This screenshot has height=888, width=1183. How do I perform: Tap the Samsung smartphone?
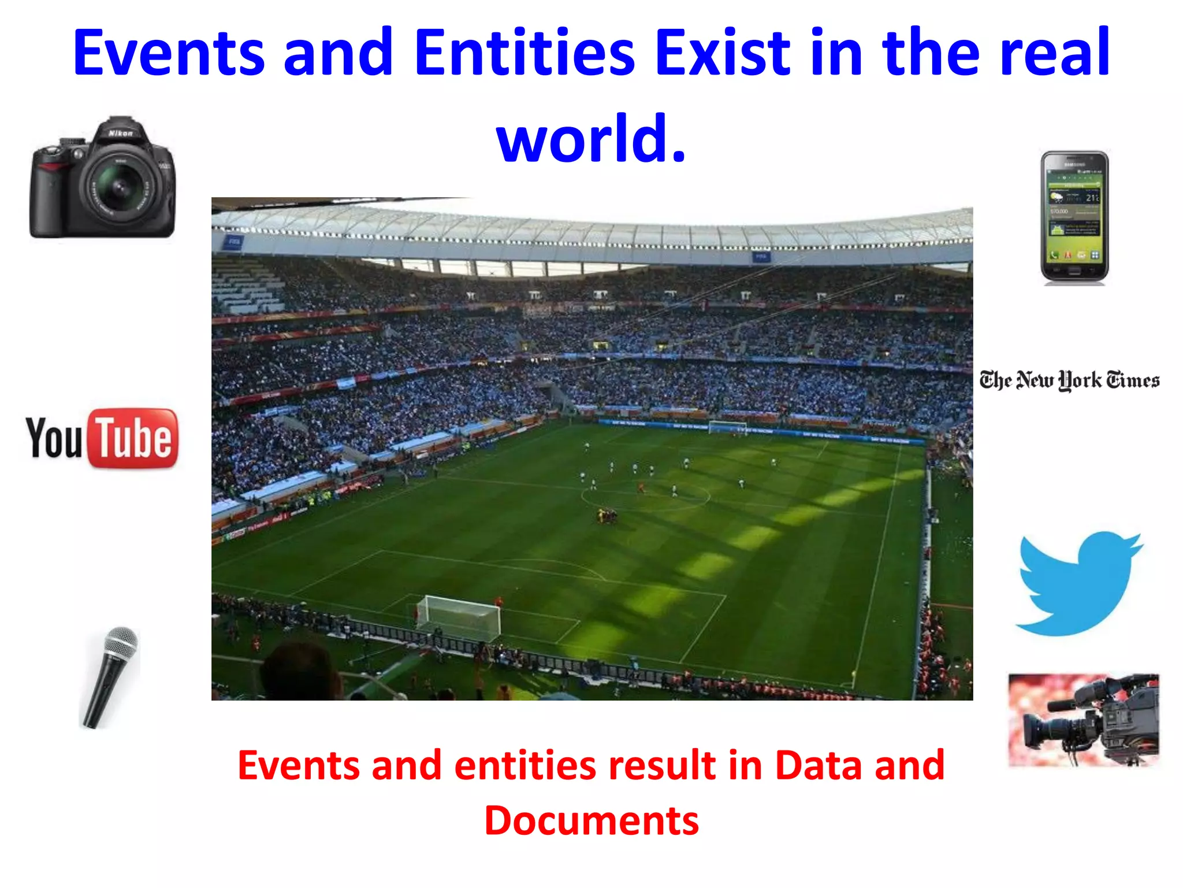[1074, 217]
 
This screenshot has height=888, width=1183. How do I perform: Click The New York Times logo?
[1069, 380]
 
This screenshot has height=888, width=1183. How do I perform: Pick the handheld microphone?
[110, 676]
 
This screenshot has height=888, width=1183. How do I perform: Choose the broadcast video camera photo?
[1084, 720]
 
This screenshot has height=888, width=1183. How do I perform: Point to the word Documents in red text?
[591, 820]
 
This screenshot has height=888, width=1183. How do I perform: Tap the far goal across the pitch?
[728, 427]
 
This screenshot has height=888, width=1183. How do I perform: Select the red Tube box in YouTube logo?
[133, 438]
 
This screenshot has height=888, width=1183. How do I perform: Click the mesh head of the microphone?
[122, 642]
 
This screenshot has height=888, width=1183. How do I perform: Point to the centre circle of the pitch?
[645, 496]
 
